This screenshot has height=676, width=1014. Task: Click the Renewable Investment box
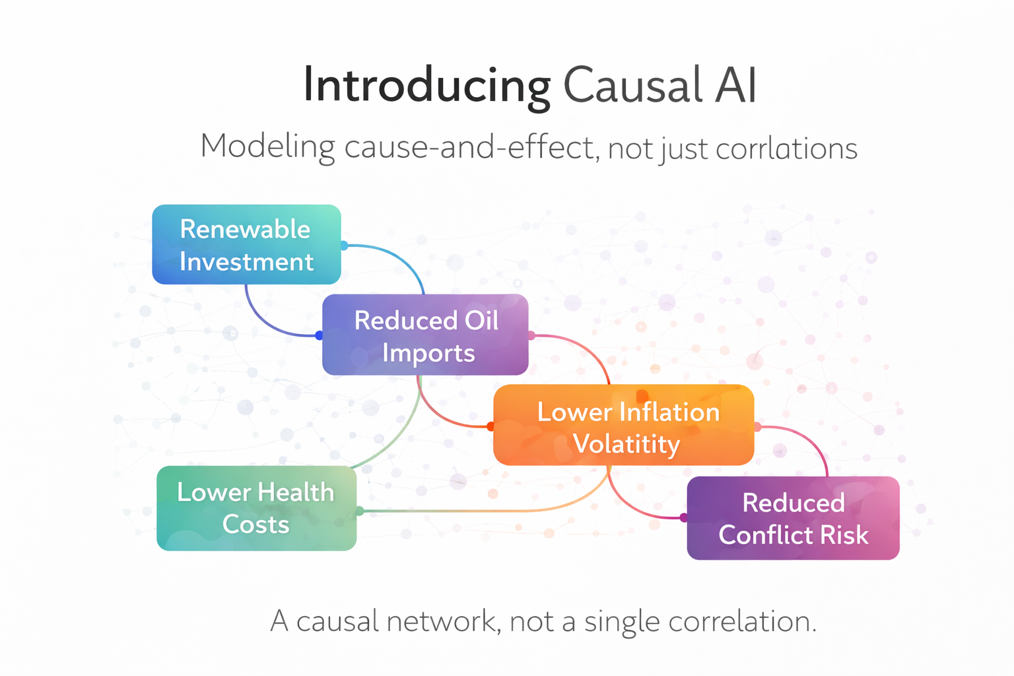coord(246,244)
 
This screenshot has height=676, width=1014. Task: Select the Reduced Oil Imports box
coord(425,335)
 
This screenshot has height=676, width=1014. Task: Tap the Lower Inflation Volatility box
coord(623,425)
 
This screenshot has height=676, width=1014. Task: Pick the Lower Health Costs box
coord(256,508)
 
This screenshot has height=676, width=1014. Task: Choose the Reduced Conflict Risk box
coord(793,518)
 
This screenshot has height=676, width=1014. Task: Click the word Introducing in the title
coord(426,86)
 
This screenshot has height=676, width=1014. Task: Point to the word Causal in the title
coord(632,86)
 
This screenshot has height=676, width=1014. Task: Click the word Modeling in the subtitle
coord(267,147)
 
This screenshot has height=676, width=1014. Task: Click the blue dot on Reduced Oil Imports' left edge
coord(320,335)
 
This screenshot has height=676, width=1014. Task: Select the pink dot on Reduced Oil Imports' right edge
coord(531,335)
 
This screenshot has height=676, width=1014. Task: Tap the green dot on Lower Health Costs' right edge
coord(360,511)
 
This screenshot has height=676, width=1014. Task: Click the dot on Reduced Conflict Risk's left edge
coord(684,518)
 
